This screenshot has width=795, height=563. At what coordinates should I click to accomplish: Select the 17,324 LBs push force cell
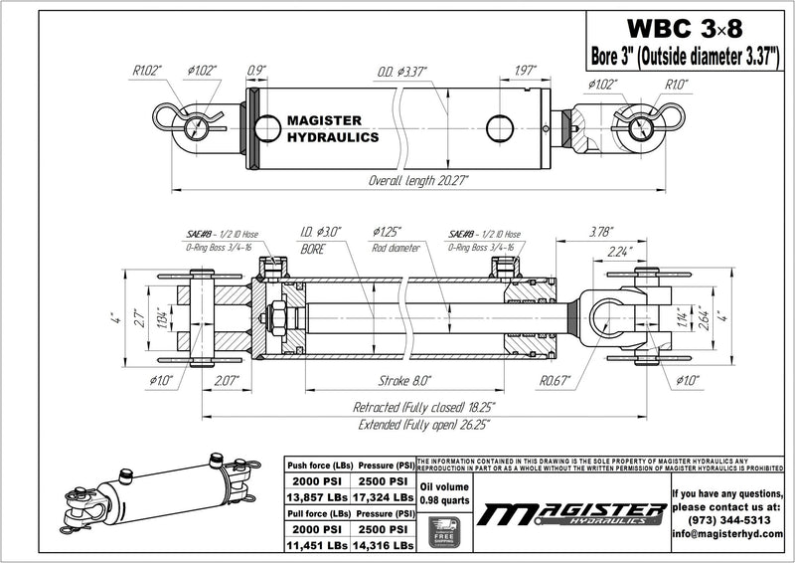378,496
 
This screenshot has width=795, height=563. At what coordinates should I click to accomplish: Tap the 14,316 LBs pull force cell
378,546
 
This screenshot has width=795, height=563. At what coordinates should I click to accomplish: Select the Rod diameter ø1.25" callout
396,239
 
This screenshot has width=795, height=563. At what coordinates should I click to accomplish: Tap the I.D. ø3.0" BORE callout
320,239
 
